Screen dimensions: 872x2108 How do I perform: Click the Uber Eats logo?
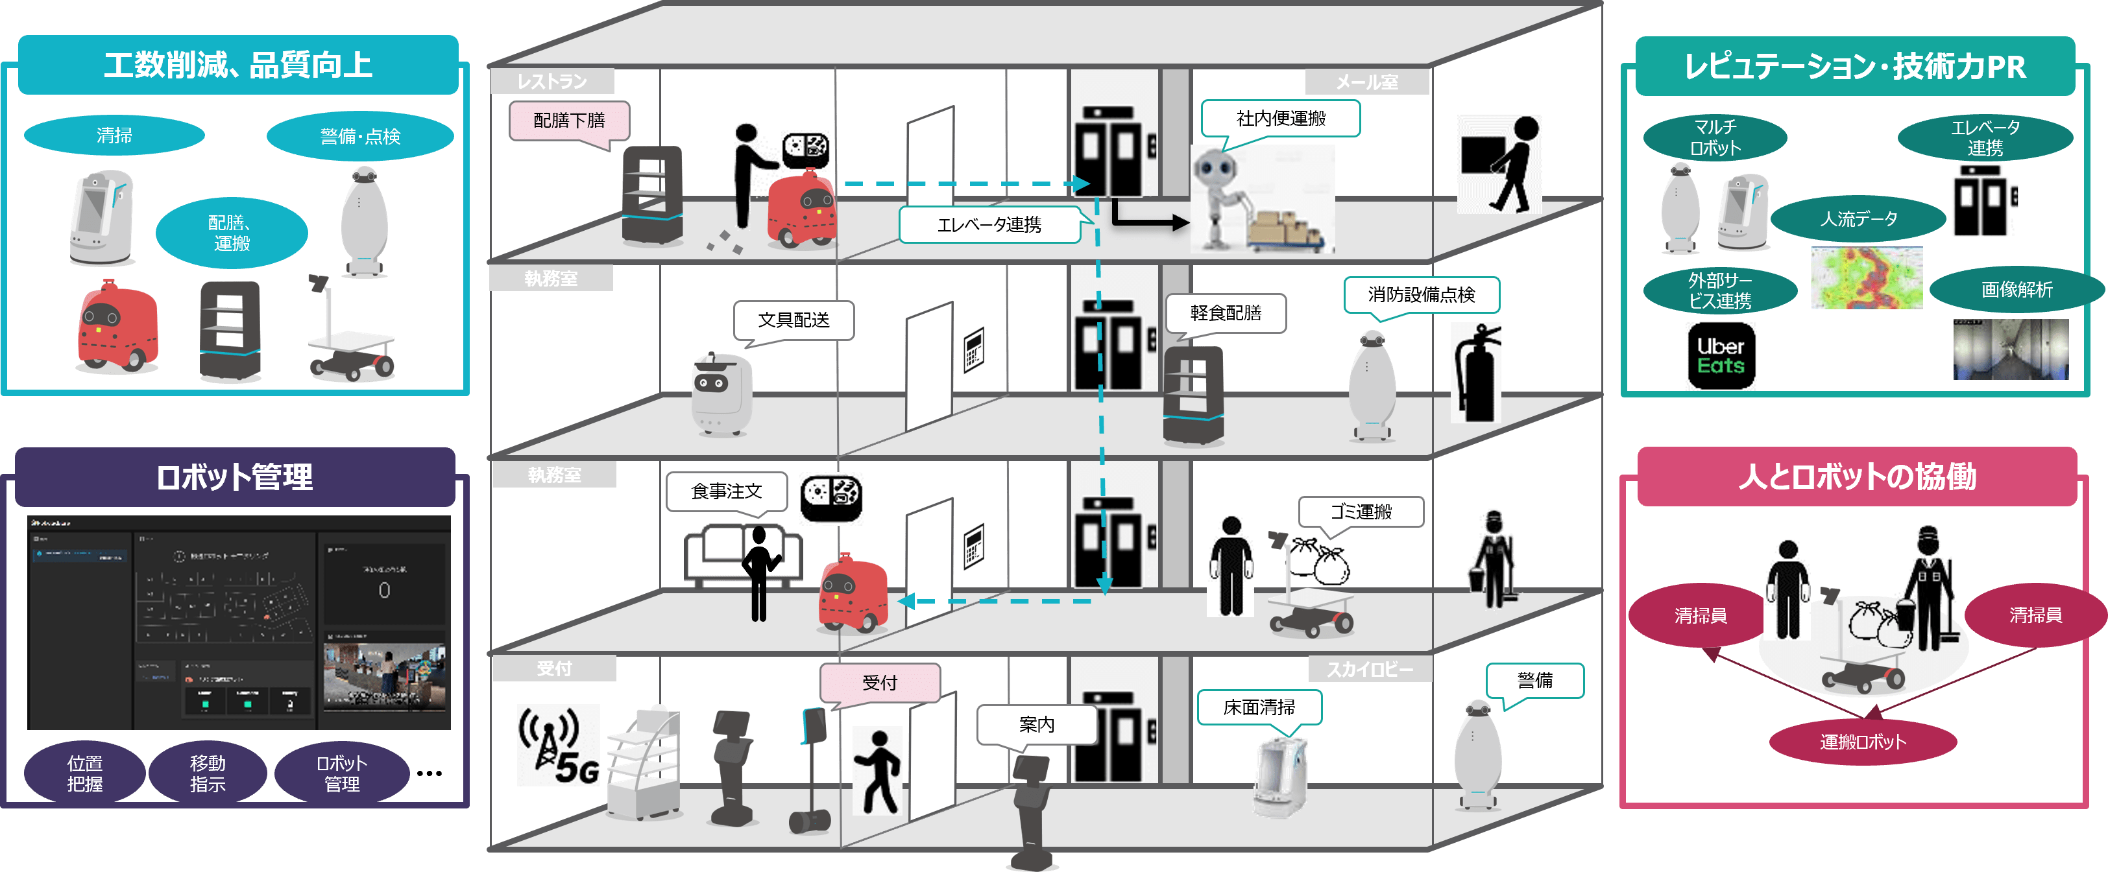[x=1720, y=355]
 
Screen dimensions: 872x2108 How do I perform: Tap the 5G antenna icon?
[x=558, y=744]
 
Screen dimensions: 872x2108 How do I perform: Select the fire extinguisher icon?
[x=1476, y=373]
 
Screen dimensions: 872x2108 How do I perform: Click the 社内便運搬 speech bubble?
[x=1280, y=119]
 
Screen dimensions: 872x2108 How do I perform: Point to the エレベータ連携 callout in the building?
[x=989, y=224]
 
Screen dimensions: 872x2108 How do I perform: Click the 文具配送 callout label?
[x=793, y=320]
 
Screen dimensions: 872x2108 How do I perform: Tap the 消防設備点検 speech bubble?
[x=1421, y=294]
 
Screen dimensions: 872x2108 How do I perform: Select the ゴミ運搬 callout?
[x=1360, y=512]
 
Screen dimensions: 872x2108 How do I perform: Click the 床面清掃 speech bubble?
[x=1259, y=707]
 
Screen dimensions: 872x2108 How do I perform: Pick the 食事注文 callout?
[x=726, y=491]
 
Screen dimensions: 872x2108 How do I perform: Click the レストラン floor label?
[x=551, y=81]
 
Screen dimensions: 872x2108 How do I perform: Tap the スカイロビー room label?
[x=1369, y=669]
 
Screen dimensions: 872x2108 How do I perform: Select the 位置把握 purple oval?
[x=84, y=773]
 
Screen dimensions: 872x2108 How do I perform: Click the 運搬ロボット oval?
[x=1863, y=742]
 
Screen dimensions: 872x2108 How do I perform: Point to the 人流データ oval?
[x=1858, y=218]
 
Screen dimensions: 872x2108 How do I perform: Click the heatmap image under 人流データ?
[x=1866, y=278]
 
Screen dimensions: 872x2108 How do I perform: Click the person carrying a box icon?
[x=1499, y=163]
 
